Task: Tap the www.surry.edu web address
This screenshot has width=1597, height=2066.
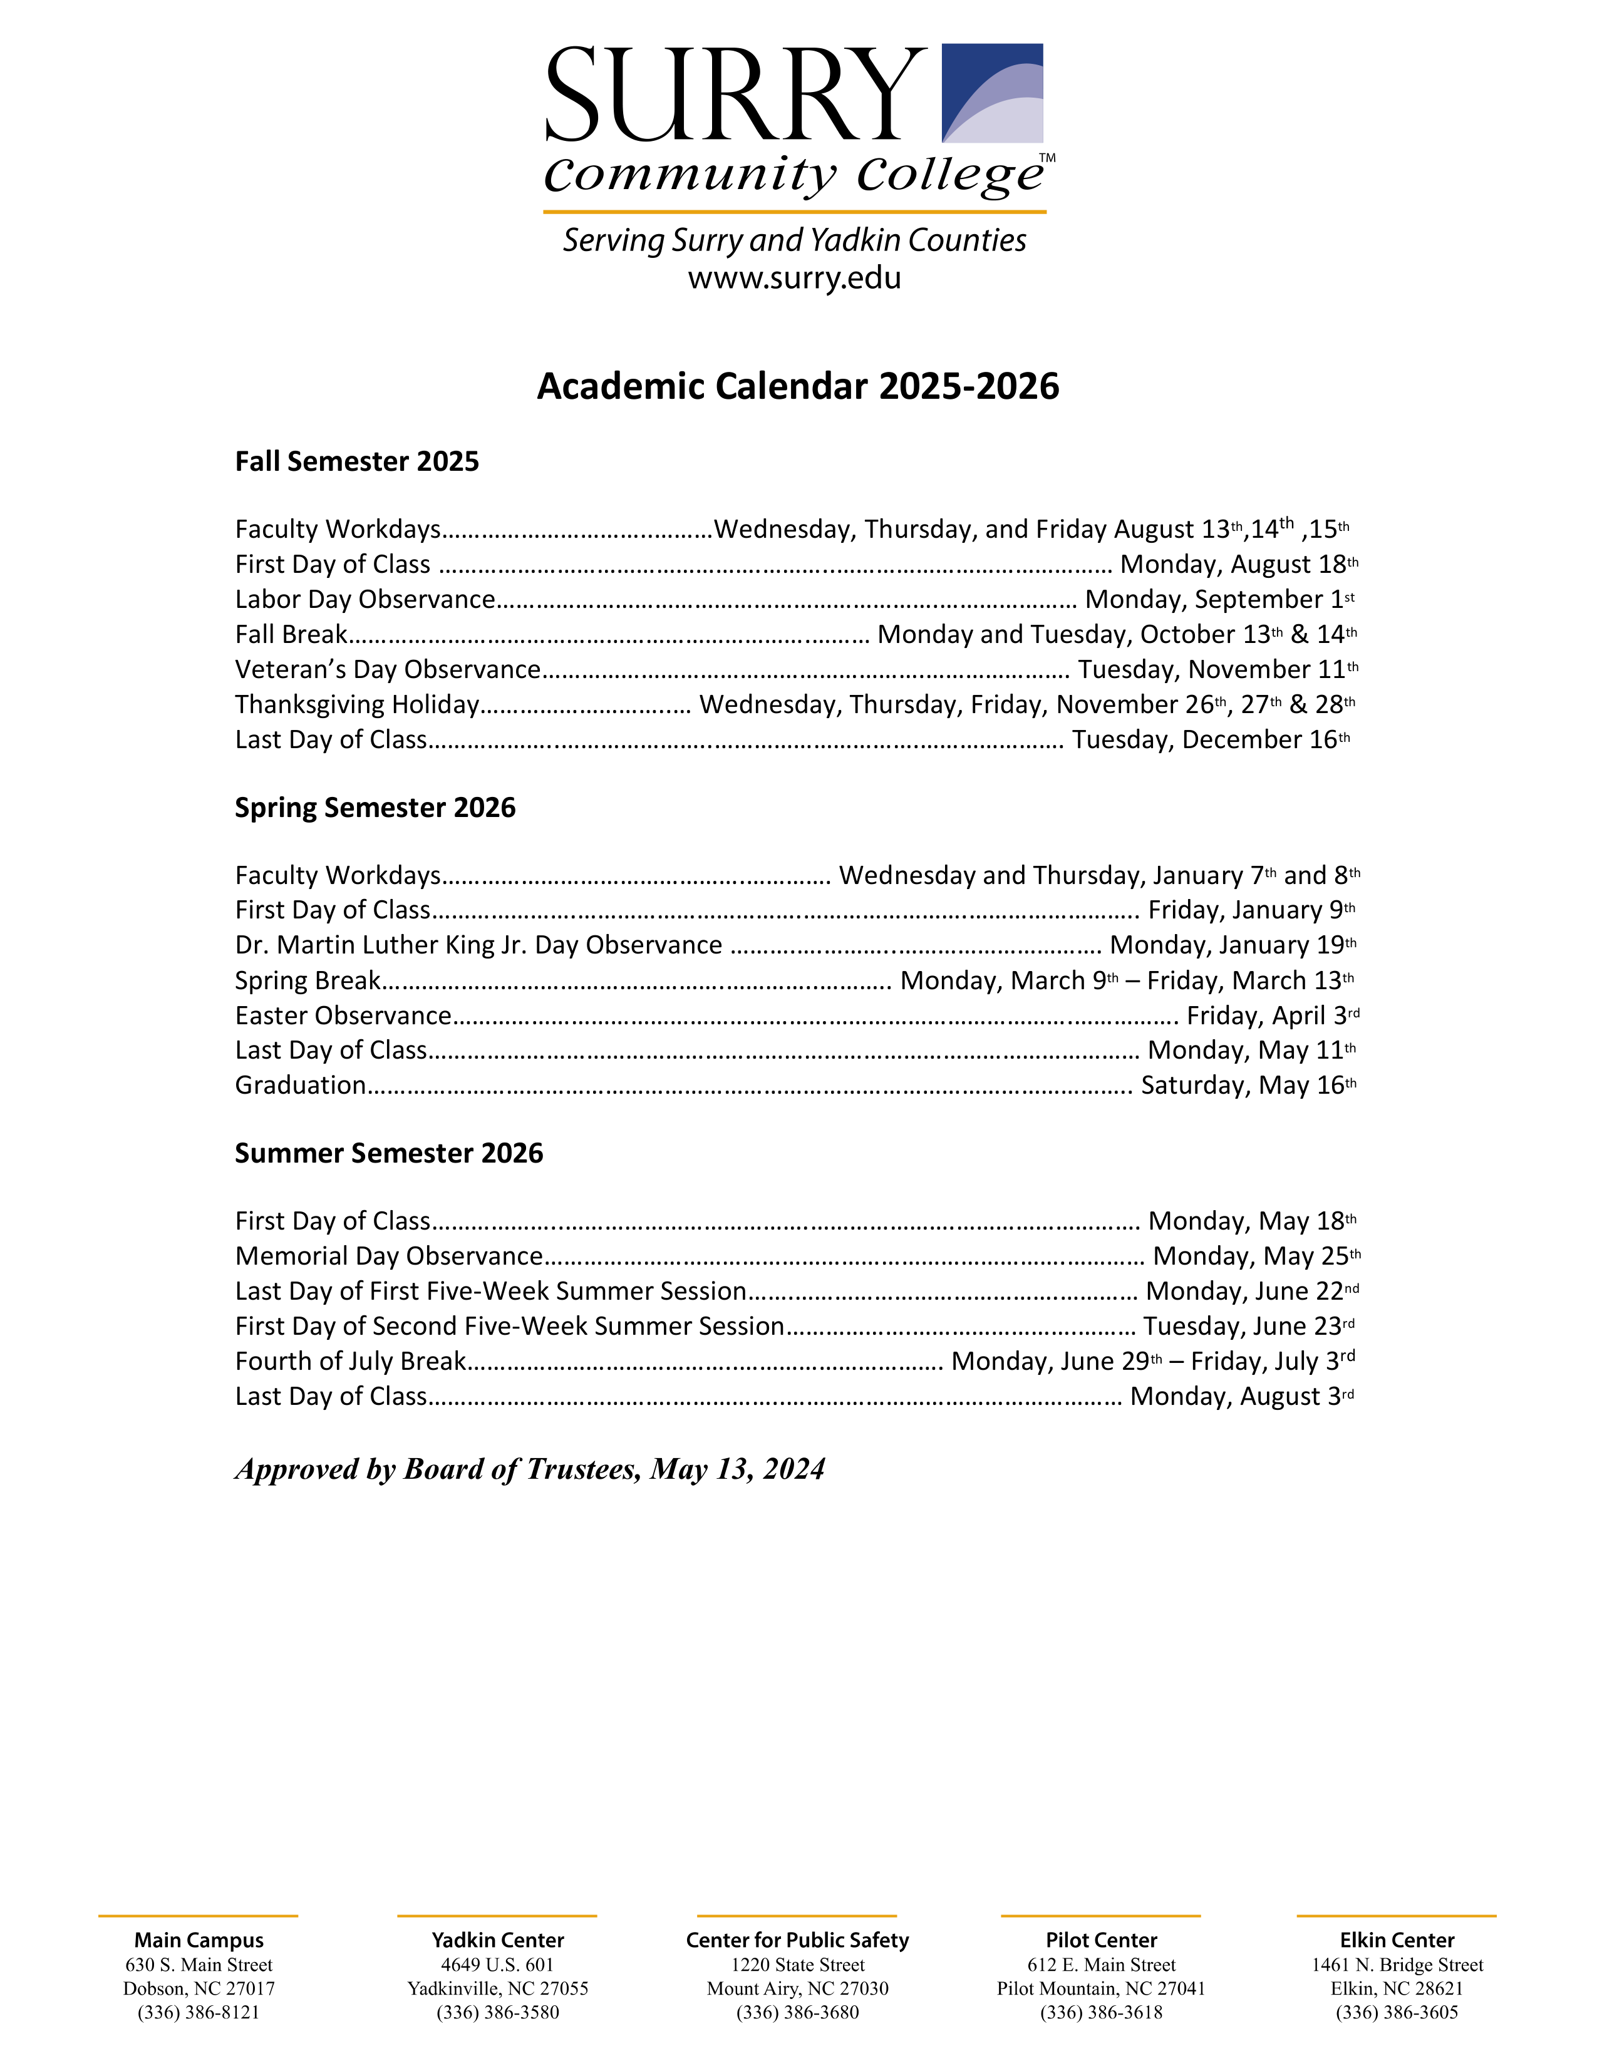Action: [x=793, y=278]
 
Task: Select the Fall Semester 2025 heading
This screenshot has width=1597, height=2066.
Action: [x=357, y=461]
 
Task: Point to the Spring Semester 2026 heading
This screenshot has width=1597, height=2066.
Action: [x=375, y=808]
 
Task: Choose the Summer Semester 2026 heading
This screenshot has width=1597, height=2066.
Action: [x=389, y=1153]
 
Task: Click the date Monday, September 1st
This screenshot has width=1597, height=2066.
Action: [x=1219, y=600]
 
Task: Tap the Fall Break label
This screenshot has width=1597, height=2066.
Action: [x=291, y=635]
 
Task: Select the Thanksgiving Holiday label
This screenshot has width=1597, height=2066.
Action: [x=357, y=705]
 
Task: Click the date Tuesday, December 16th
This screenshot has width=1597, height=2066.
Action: [x=1210, y=740]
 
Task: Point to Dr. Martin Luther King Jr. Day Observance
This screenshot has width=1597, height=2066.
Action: [x=478, y=945]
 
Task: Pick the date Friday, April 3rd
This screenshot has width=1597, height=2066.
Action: [x=1273, y=1016]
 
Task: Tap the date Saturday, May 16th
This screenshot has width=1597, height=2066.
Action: [x=1248, y=1086]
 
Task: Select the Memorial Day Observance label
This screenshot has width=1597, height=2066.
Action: [x=389, y=1257]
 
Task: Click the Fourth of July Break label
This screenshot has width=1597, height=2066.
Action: [x=350, y=1361]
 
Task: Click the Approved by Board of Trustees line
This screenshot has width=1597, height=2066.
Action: [x=530, y=1469]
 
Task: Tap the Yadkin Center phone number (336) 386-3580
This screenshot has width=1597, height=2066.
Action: [x=498, y=2012]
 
